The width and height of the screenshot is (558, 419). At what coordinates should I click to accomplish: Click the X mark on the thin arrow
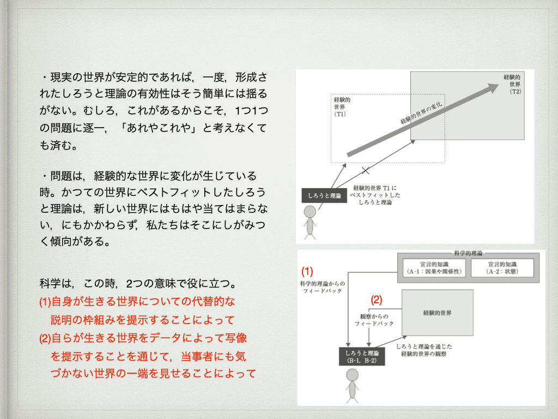pyautogui.click(x=366, y=170)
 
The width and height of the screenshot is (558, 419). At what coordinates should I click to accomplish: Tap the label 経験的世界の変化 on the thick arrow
pyautogui.click(x=423, y=112)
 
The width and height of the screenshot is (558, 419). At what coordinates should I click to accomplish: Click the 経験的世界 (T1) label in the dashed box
pyautogui.click(x=342, y=107)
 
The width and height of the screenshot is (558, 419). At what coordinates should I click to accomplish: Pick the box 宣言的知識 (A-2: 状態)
pyautogui.click(x=503, y=267)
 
